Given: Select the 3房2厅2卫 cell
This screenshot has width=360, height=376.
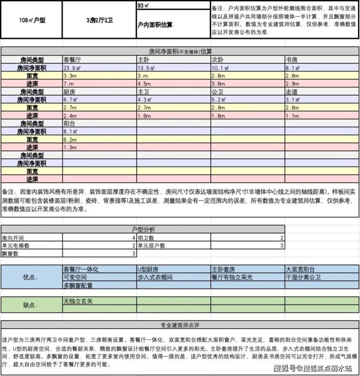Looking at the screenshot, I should pos(99,20).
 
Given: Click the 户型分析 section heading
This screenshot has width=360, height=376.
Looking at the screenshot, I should pos(144,229).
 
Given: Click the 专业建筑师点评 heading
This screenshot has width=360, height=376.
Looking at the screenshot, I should pos(180,325).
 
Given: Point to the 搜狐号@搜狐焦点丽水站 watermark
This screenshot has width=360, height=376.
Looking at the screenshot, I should pos(312,368).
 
